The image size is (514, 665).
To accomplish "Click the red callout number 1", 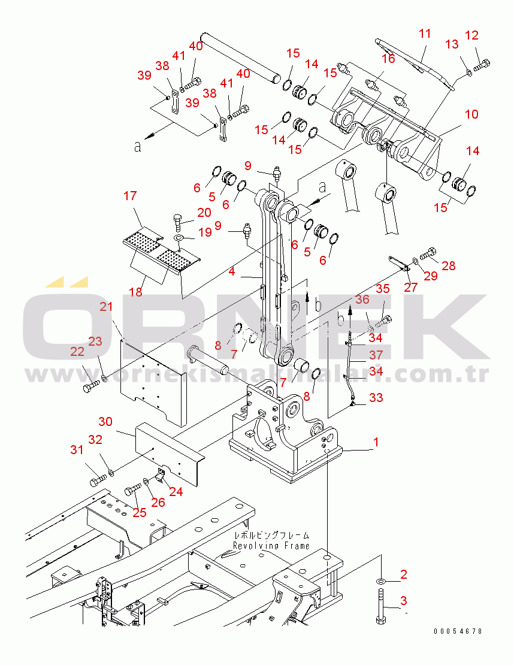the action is pos(376,442).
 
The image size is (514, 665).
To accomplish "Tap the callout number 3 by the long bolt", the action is pos(403,600).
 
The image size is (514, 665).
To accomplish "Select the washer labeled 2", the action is pos(380,581).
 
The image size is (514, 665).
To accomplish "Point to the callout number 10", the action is pos(471,114).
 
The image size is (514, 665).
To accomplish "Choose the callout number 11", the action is pos(425,34).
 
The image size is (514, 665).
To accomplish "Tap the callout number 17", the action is pos(130,195).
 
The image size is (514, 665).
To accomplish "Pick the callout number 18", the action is pos(136,292).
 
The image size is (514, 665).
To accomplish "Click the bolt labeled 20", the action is pos(178,222).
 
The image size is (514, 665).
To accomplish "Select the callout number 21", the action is pos(106,306).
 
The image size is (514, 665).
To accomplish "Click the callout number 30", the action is pos(105,421).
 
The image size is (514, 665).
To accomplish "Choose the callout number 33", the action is pos(376,397).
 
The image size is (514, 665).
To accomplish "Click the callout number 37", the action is pos(376,355).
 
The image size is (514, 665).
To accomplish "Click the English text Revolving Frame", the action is pos(271,545).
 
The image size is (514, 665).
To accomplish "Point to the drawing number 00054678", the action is pos(458,631).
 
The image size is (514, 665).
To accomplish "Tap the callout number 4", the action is pos(231,271).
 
